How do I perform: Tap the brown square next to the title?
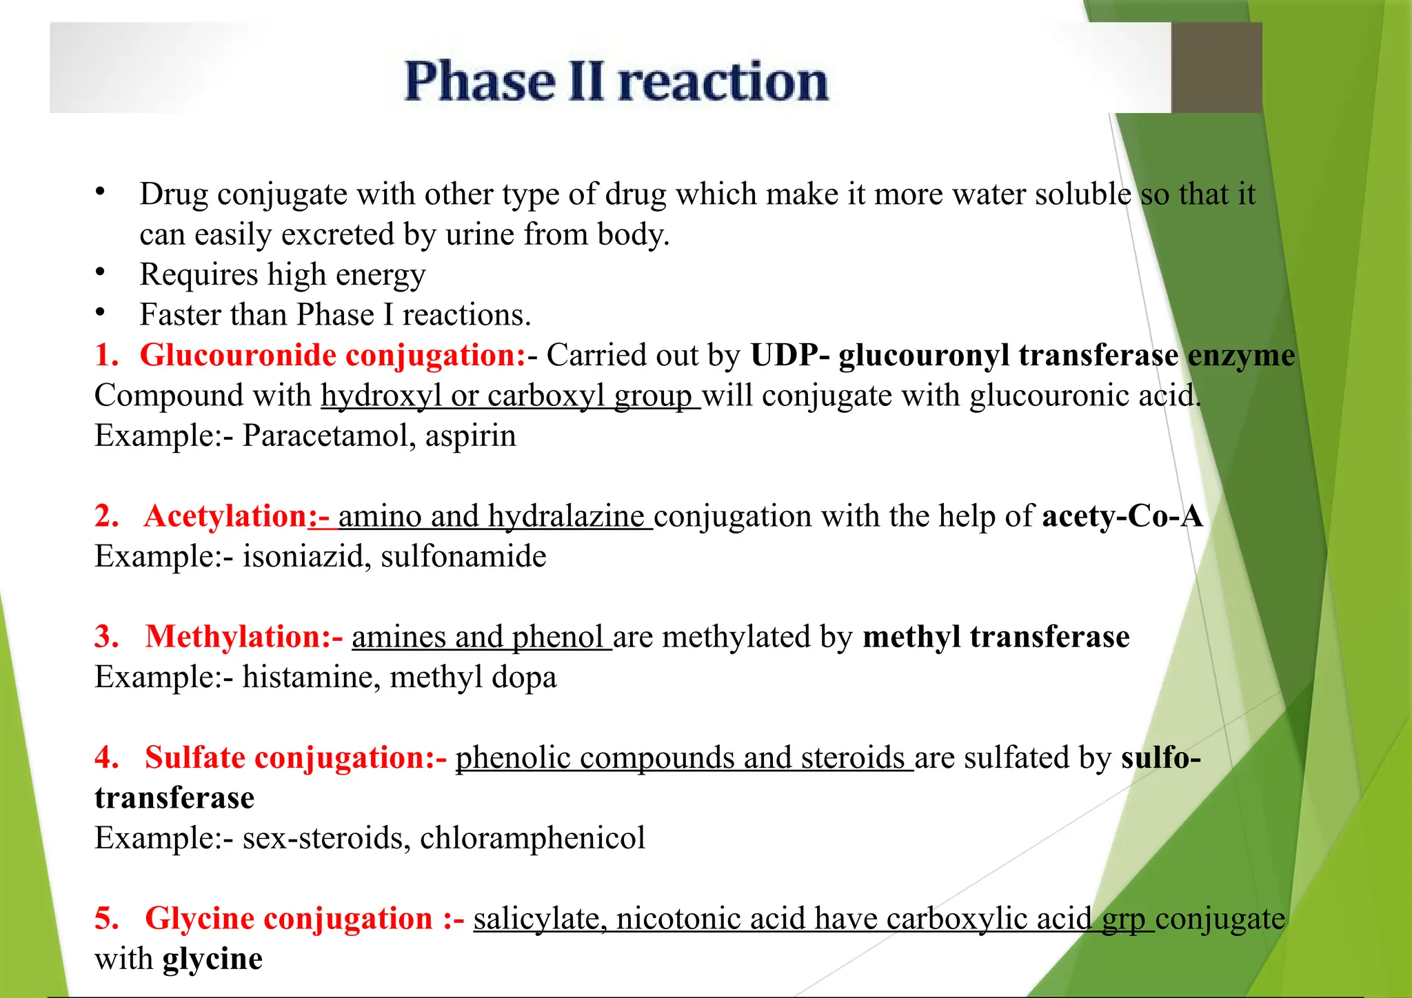1217,68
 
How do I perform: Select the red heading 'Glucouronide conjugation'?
332,356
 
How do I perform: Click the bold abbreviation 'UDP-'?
790,356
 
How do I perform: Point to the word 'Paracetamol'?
328,436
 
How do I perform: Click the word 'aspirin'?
470,436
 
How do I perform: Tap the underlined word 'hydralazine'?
565,516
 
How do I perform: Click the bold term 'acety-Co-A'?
1122,516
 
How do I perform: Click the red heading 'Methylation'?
233,637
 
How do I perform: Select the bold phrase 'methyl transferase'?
996,637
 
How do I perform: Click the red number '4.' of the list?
107,757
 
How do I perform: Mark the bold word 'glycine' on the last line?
212,959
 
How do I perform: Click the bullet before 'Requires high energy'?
101,273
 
